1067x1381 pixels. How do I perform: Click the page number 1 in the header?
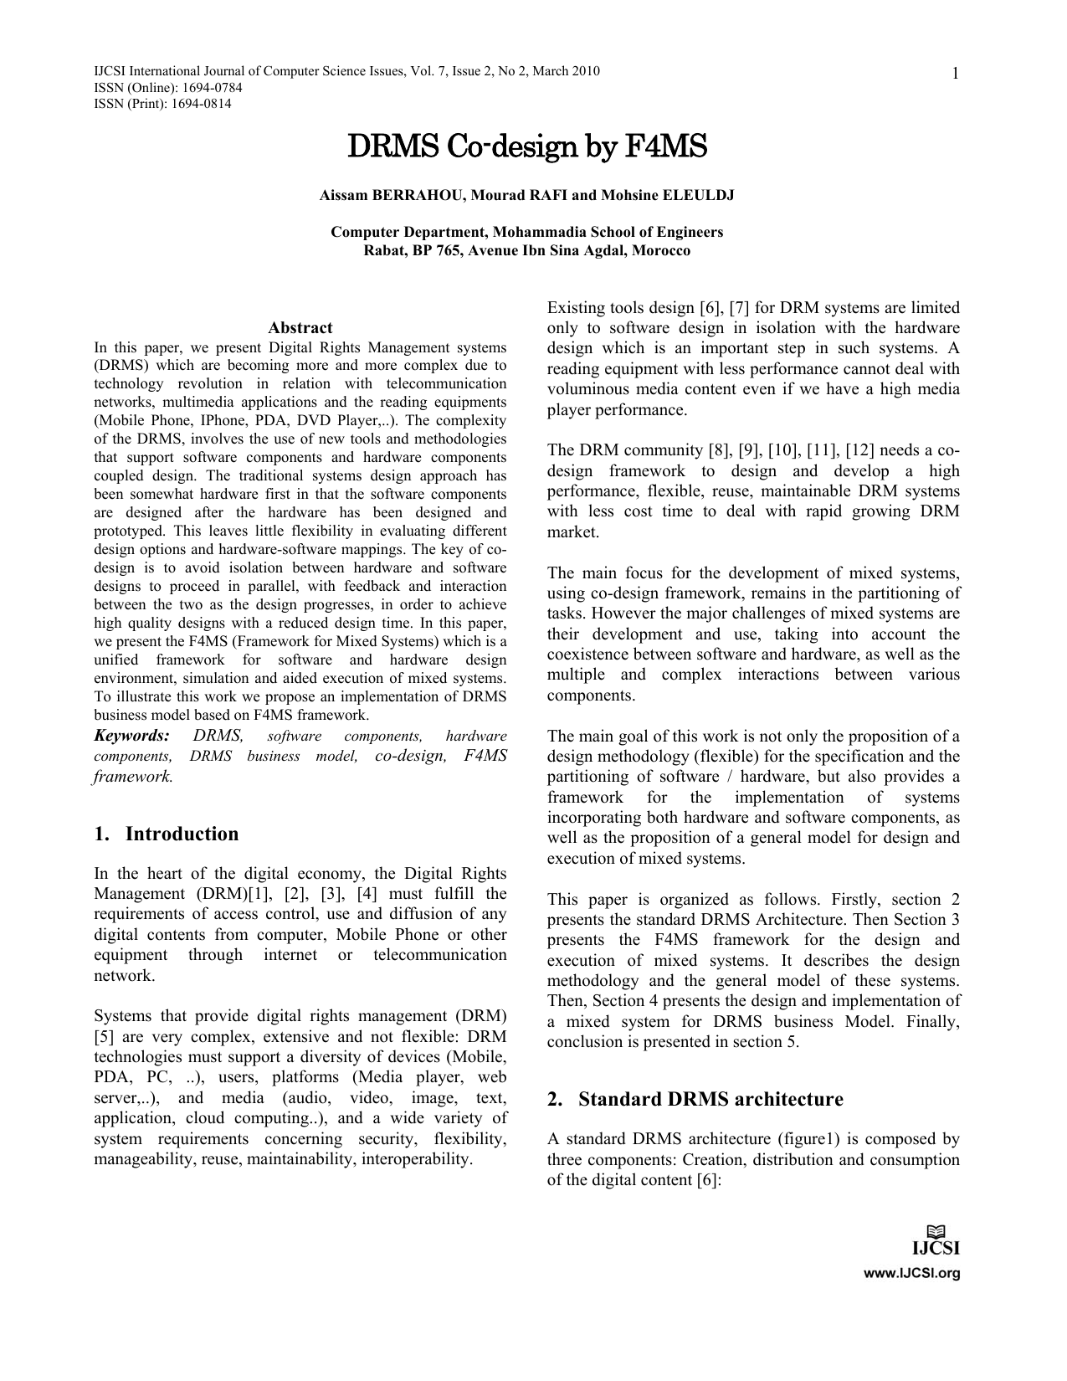954,75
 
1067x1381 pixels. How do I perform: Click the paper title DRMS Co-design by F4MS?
526,147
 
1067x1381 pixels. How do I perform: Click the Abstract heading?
300,328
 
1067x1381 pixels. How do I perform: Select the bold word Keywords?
131,736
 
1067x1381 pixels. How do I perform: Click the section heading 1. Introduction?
167,834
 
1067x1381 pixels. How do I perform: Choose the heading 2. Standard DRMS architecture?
695,1099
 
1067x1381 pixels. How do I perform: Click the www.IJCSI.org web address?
911,1274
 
